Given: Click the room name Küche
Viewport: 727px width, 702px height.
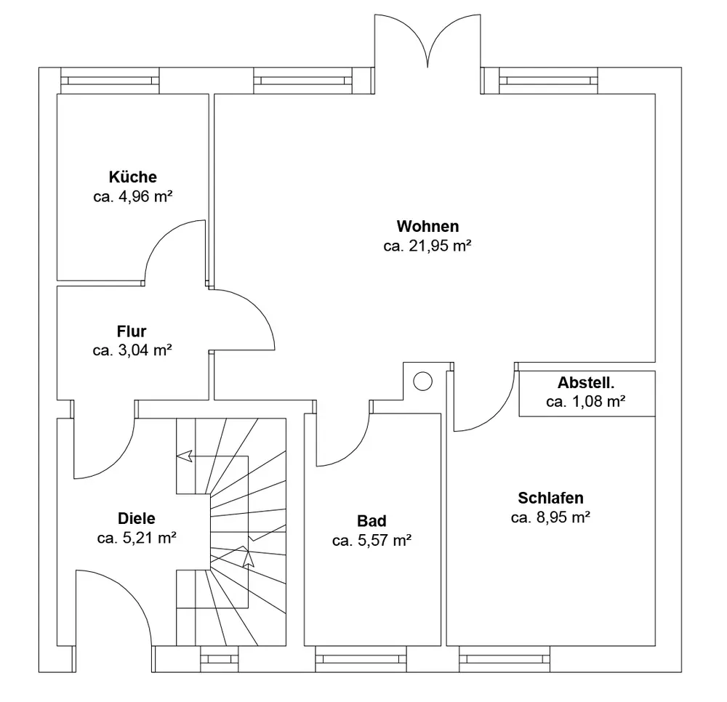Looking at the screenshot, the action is coord(132,177).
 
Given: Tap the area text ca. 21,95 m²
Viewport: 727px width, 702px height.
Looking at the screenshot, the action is coord(427,246).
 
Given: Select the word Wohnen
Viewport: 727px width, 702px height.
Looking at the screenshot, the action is coord(427,226).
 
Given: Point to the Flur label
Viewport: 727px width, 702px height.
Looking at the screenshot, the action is coord(132,331).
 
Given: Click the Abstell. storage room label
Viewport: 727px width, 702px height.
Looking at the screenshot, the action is coord(586,382).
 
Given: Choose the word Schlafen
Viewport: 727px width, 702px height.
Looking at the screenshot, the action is coord(550,498).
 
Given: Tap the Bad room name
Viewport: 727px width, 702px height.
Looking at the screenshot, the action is coord(371,521).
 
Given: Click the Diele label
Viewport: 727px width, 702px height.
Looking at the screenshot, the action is coord(137,518).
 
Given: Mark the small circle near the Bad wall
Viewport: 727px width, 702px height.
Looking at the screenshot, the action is coord(422,382).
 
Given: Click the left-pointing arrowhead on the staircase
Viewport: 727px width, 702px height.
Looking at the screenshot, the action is coord(184,456).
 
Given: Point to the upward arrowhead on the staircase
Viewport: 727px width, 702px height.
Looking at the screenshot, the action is coord(249,558).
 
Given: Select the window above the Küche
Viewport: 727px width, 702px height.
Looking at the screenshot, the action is coord(110,81).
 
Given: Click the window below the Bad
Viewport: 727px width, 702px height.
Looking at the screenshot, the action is coord(361,659).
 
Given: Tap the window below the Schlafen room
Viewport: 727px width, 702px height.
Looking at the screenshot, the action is coord(505,659).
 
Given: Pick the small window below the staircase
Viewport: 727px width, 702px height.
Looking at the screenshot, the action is coord(220,659).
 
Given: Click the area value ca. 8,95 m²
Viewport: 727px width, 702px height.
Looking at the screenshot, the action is coord(550,517).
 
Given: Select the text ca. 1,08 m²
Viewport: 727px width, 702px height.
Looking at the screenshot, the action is coord(585,401).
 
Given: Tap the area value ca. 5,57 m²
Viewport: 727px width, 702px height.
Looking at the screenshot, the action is coord(371,540).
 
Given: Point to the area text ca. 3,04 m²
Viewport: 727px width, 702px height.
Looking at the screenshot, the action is coord(132,350).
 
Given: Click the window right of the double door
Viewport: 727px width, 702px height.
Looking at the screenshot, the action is coord(548,81).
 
